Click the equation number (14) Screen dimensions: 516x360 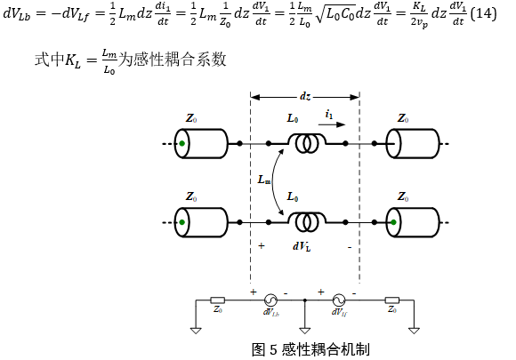click(483, 14)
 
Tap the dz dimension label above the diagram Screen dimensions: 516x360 click(305, 96)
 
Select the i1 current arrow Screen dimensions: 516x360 click(332, 124)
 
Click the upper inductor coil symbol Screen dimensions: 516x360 click(307, 143)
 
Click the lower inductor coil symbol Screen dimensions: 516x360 click(307, 222)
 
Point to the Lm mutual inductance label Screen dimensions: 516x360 click(264, 180)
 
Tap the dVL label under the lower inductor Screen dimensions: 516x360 click(302, 246)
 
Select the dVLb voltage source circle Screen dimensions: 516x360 click(270, 300)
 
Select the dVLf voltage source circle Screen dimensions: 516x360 click(339, 300)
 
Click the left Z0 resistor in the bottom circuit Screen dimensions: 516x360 click(218, 300)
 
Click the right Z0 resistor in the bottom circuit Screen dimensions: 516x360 click(392, 300)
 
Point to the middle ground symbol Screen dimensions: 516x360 click(305, 331)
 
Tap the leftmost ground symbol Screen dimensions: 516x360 click(196, 331)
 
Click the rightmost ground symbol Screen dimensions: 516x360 click(414, 331)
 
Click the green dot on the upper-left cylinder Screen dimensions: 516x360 click(182, 143)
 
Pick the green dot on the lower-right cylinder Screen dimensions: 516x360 click(393, 222)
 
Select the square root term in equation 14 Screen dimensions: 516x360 click(335, 14)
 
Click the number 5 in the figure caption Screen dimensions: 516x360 click(273, 349)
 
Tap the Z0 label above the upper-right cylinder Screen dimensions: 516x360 click(403, 117)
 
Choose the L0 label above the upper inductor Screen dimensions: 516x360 click(293, 117)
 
